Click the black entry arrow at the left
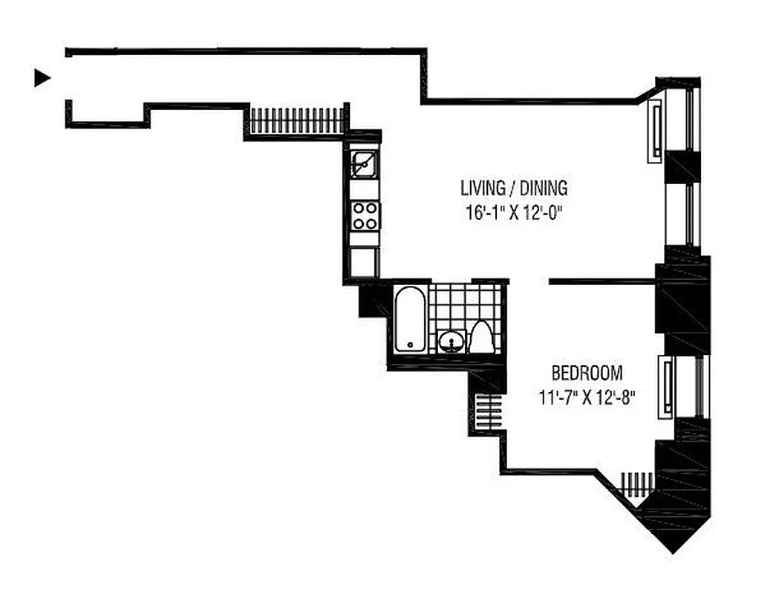(x=42, y=78)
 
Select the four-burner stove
(x=365, y=215)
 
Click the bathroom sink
(x=450, y=342)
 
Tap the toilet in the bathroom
(x=481, y=338)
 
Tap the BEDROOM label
(x=587, y=373)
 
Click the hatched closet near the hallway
(x=297, y=120)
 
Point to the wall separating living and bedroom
(x=602, y=281)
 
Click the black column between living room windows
(x=682, y=166)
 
